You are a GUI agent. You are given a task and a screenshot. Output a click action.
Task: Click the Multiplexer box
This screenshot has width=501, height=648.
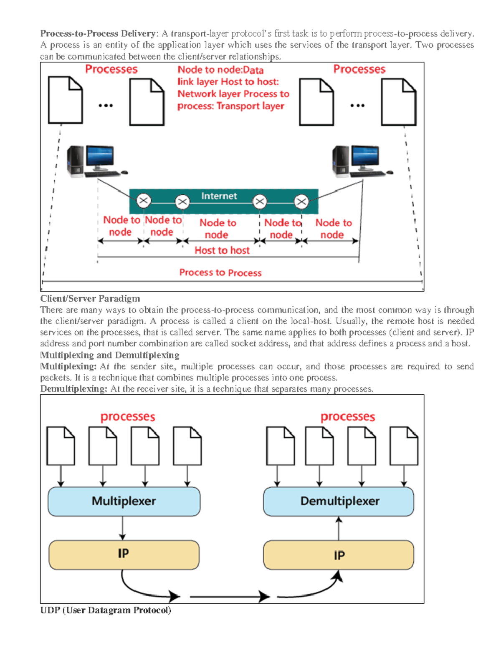124,501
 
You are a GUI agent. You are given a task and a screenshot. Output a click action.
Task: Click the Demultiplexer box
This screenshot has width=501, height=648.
339,501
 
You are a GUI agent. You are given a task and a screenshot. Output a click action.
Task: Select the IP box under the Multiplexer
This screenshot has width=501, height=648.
124,555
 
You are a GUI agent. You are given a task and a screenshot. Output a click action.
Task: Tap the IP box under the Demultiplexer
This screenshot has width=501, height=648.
339,555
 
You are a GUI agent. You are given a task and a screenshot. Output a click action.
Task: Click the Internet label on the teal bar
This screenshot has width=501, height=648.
219,196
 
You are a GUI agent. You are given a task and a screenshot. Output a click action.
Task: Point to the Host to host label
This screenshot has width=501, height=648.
222,250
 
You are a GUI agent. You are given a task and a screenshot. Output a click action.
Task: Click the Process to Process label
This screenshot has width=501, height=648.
220,272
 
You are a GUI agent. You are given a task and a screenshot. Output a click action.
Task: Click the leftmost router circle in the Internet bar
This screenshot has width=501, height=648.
144,201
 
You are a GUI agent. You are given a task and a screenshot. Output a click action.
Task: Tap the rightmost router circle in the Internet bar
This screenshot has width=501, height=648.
301,202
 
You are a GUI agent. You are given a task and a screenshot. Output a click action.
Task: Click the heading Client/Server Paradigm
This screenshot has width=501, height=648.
90,298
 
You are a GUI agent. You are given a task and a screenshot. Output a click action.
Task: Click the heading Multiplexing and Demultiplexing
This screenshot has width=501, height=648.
109,355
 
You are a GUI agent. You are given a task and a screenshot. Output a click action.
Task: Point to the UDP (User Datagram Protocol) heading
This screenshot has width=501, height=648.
106,610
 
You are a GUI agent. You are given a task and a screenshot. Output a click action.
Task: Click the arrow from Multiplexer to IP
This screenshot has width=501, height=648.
122,528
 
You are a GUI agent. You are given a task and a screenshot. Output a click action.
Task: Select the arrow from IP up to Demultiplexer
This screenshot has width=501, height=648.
339,528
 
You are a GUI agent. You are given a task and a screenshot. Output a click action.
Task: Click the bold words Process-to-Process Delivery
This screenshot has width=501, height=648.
98,33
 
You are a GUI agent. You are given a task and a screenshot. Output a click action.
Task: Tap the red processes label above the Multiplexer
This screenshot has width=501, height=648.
128,416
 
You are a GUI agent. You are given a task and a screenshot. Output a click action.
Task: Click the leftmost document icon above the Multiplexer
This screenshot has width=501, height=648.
61,446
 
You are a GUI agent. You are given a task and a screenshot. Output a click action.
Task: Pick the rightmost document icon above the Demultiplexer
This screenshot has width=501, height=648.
404,446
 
